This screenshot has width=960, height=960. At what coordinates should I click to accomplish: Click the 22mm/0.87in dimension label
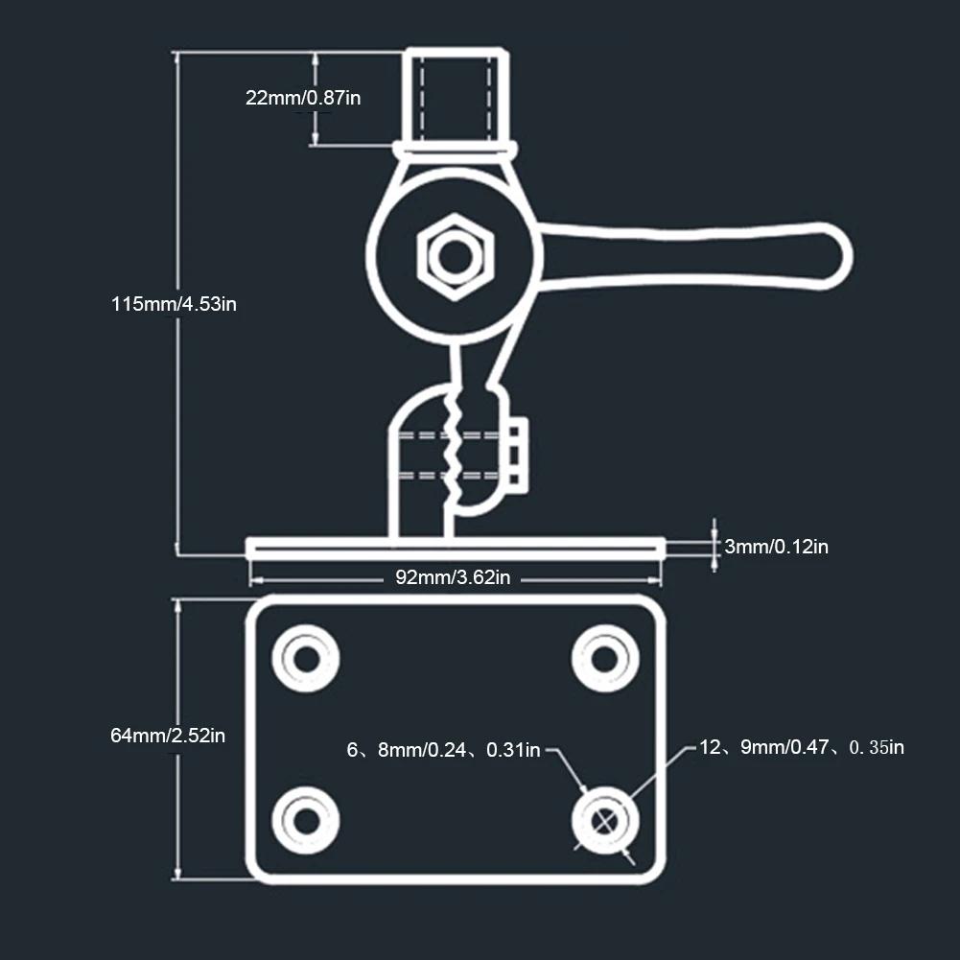[x=303, y=97]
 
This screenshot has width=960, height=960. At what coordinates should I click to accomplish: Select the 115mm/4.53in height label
[x=174, y=304]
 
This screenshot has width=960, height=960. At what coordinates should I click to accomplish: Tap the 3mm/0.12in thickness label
[x=776, y=547]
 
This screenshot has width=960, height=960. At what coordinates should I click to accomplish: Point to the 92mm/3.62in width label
[x=453, y=577]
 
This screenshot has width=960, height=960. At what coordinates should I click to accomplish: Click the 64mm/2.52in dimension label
[x=168, y=736]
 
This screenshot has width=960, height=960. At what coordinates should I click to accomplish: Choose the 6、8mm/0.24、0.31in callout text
[x=443, y=750]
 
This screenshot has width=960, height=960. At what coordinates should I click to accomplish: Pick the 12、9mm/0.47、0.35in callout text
[x=801, y=747]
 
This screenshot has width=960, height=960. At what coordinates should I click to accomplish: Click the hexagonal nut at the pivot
[x=456, y=255]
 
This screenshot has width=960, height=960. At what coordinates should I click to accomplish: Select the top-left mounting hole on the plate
[x=306, y=658]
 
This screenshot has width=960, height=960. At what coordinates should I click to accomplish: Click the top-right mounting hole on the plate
[x=605, y=658]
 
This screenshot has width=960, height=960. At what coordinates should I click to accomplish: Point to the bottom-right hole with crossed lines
[x=605, y=820]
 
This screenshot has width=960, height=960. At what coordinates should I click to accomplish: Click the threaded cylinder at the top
[x=456, y=95]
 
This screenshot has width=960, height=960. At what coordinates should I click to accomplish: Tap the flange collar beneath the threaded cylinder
[x=456, y=150]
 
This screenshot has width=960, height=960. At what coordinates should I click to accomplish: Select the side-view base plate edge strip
[x=456, y=548]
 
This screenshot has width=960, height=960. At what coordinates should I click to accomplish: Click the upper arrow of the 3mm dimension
[x=714, y=530]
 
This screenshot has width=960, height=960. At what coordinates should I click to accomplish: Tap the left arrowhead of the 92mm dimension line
[x=254, y=578]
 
